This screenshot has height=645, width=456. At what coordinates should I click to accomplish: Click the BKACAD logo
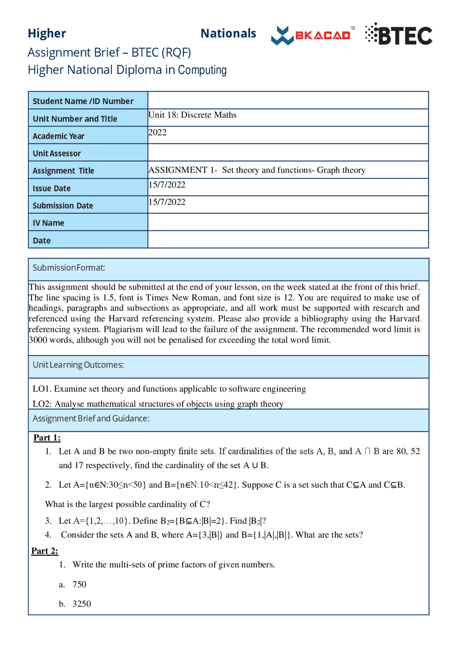pyautogui.click(x=312, y=36)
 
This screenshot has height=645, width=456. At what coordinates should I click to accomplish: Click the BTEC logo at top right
pyautogui.click(x=399, y=35)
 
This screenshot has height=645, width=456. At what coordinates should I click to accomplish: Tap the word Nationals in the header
pyautogui.click(x=228, y=33)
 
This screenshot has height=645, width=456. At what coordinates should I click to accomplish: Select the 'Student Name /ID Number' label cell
pyautogui.click(x=83, y=101)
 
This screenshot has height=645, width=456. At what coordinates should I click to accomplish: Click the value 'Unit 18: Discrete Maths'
pyautogui.click(x=192, y=115)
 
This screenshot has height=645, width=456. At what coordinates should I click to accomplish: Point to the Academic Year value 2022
pyautogui.click(x=157, y=132)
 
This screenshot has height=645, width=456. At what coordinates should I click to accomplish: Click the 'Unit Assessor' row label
pyautogui.click(x=57, y=154)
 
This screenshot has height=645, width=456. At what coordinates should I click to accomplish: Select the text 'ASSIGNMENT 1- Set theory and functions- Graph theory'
pyautogui.click(x=257, y=170)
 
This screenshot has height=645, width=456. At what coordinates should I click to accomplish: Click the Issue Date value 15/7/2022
pyautogui.click(x=167, y=185)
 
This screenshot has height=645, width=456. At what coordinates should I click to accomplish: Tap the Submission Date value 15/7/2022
pyautogui.click(x=167, y=202)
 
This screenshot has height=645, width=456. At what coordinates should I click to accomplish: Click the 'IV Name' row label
pyautogui.click(x=48, y=223)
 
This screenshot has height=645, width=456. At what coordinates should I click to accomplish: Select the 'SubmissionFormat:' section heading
pyautogui.click(x=69, y=268)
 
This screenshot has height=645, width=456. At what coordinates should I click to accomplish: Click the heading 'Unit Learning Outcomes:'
pyautogui.click(x=78, y=365)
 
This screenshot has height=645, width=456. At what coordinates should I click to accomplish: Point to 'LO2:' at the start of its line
pyautogui.click(x=42, y=404)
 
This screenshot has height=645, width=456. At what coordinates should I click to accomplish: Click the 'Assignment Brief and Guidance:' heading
pyautogui.click(x=91, y=418)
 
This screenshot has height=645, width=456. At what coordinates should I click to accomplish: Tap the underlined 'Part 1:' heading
pyautogui.click(x=47, y=438)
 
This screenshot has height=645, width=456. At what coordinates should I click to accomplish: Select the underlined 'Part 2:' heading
pyautogui.click(x=45, y=551)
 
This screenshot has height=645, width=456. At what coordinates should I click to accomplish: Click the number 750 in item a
pyautogui.click(x=79, y=584)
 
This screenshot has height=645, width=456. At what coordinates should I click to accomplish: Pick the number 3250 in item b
pyautogui.click(x=82, y=604)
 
